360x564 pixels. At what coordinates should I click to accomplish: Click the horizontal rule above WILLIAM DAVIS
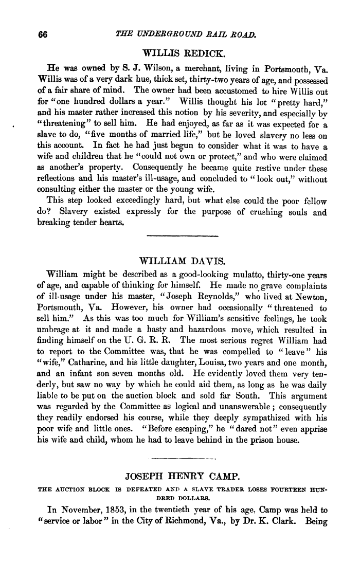coord(183,235)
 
